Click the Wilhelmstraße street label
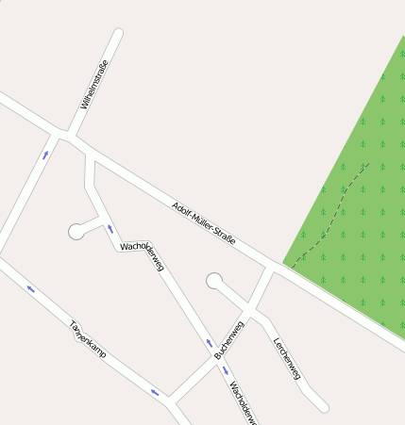pos(95,84)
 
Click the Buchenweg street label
pos(228,340)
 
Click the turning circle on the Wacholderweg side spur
pos(76,231)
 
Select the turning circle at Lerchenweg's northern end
pos(215,280)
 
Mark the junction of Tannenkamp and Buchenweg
pos(170,400)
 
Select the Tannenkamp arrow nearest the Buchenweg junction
pos(154,391)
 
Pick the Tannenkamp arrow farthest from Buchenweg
pos(31,288)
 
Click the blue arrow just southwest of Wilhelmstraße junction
pos(45,153)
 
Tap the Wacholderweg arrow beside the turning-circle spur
pos(110,229)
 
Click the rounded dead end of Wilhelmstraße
pos(118,34)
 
